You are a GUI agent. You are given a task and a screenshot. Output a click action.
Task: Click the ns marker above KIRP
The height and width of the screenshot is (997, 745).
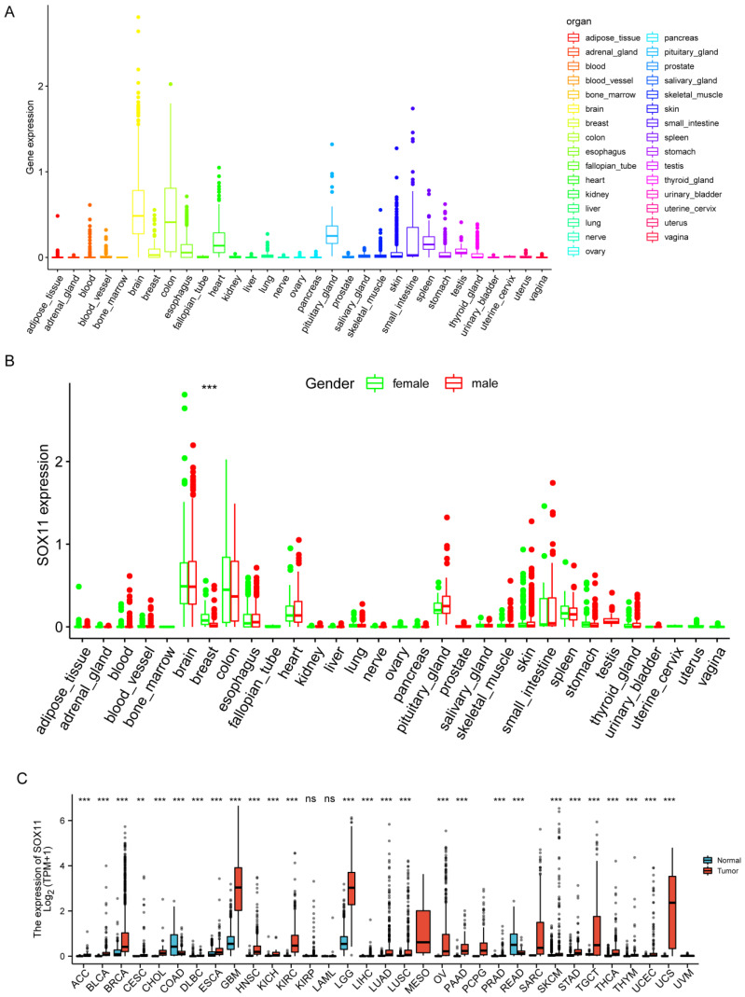pyautogui.click(x=310, y=800)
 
